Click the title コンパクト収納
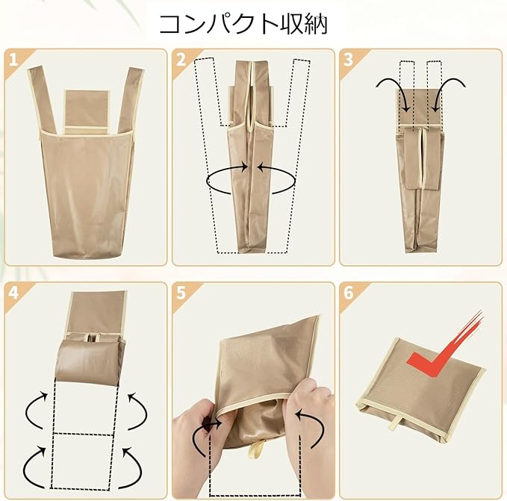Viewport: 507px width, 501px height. coord(244,24)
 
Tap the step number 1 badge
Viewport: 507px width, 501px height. coord(13,60)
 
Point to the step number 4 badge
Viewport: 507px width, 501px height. coord(13,293)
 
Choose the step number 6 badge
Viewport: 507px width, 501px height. coord(349,293)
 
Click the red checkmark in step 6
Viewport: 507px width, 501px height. coord(447,349)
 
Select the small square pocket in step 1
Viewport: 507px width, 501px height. coord(87,111)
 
